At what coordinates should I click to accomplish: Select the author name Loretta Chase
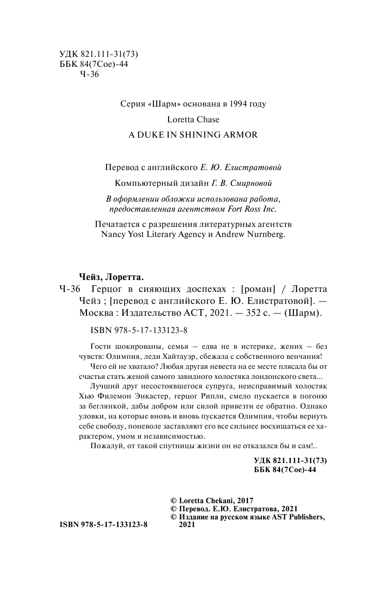pos(193,119)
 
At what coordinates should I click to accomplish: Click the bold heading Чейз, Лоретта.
pos(110,277)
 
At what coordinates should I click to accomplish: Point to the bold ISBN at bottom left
pos(104,525)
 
